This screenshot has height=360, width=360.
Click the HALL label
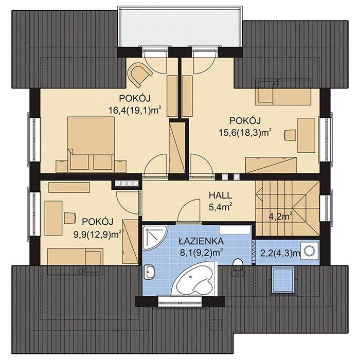tap(220, 196)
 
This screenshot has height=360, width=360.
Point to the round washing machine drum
tap(310, 250)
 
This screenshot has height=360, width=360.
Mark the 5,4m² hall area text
tap(220, 207)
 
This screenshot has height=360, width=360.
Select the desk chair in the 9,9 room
tap(69, 218)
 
